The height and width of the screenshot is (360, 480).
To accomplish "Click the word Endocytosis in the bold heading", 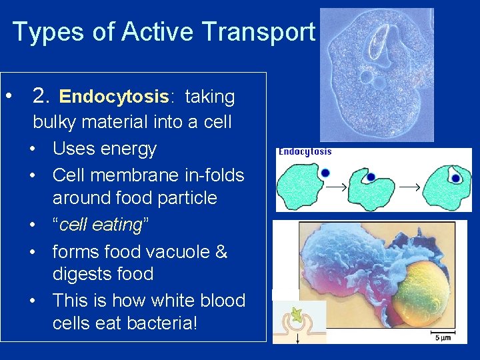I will [113, 97].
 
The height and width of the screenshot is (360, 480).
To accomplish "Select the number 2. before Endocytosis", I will [41, 97].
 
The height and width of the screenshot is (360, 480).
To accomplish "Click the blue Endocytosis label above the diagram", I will [305, 151].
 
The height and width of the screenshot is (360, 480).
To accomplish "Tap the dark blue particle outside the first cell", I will [324, 172].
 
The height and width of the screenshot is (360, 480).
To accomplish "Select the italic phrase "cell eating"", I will [101, 225].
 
